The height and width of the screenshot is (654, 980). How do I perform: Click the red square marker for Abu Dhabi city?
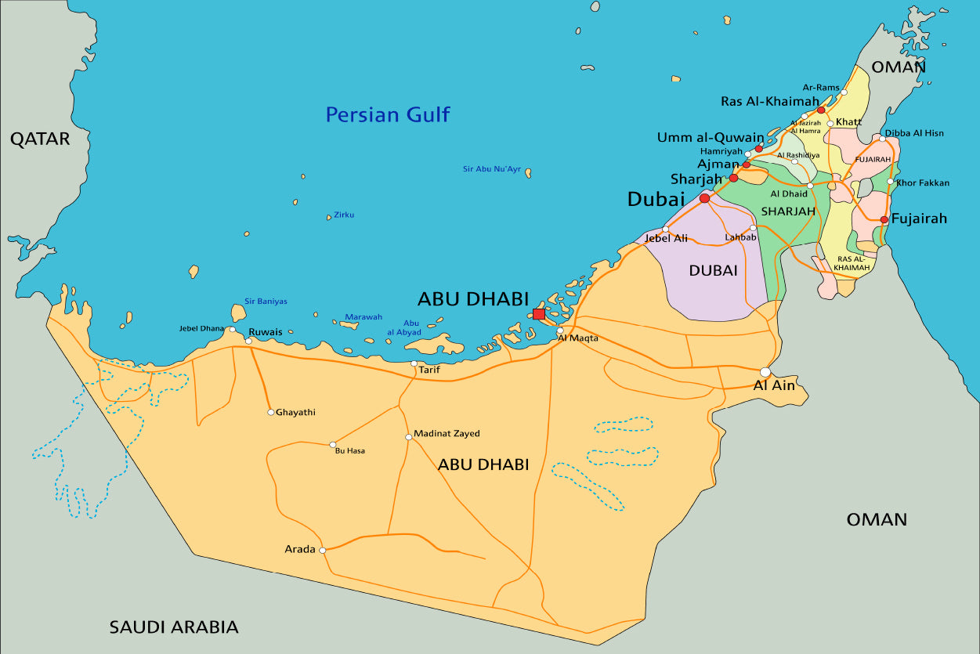pos(539,314)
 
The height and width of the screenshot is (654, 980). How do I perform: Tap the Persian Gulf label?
pos(388,115)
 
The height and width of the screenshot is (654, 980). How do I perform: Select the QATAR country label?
pos(40,139)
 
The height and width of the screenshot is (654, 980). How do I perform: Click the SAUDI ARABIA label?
pos(173,627)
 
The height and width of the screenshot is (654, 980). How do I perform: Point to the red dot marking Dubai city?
pos(704,199)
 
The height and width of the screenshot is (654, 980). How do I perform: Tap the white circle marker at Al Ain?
pos(765,372)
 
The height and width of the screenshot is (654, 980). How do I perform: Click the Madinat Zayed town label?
pos(447,434)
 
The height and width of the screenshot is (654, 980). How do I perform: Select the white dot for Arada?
pos(323,550)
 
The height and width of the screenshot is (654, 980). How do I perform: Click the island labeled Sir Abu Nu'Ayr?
pos(529,172)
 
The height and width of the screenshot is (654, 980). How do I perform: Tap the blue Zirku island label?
pos(344,215)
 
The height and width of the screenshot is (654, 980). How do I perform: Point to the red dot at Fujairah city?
pos(884,219)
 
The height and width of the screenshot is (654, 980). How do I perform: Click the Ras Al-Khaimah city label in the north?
pos(769,101)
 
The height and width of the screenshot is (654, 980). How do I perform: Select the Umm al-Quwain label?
pos(711,138)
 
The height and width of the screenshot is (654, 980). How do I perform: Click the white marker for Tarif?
pos(414,363)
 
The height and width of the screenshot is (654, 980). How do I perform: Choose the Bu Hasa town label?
pos(349,451)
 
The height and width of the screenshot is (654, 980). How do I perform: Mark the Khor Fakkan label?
pos(923,183)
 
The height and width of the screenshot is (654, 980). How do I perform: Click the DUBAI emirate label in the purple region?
pos(713,270)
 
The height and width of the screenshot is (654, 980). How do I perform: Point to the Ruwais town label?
pos(265,332)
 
